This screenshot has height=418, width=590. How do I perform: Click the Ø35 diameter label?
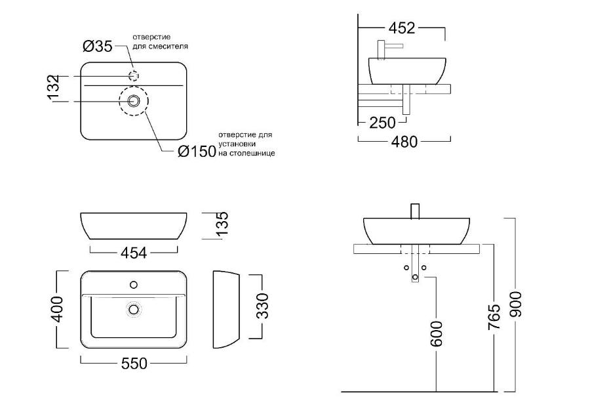pos(98,47)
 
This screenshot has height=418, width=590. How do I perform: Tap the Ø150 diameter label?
pos(197,152)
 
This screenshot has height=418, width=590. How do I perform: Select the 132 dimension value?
pos(54,87)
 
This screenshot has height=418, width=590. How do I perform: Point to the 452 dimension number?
pos(401,28)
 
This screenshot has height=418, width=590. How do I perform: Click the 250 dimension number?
pos(382,123)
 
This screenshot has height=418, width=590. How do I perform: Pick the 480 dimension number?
pos(404,142)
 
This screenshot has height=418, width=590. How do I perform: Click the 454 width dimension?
pos(134,253)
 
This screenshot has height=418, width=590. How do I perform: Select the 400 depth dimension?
pos(57,309)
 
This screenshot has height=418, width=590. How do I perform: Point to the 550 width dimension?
pos(134,364)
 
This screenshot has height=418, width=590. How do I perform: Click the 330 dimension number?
pos(262,306)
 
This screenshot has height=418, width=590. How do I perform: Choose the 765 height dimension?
pos(494,317)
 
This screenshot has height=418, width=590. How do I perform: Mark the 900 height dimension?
pos(515,304)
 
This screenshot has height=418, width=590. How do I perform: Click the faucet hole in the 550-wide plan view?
pos(134,284)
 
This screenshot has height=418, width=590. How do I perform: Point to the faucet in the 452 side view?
pos(387,50)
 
